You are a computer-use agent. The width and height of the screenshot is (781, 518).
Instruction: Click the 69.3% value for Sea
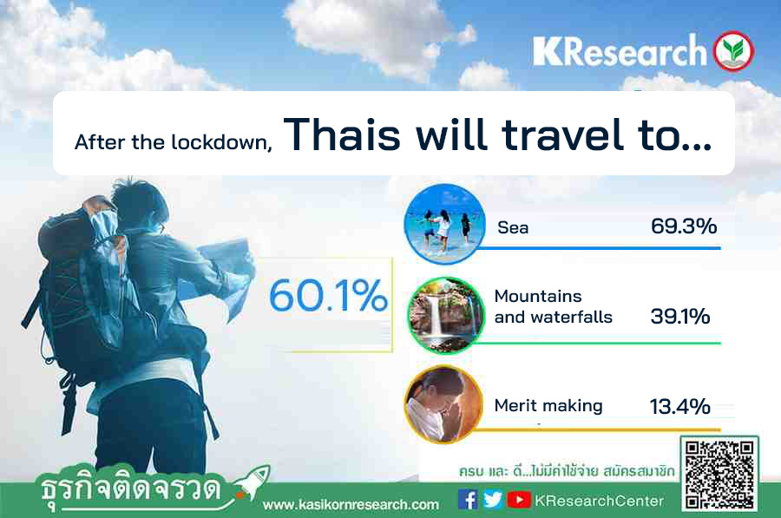pyautogui.click(x=684, y=226)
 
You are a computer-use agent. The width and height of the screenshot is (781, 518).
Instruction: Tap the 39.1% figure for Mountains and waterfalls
pyautogui.click(x=680, y=317)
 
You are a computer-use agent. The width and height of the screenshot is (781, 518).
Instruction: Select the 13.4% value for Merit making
pyautogui.click(x=679, y=406)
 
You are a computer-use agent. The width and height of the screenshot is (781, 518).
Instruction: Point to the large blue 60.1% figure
pyautogui.click(x=328, y=295)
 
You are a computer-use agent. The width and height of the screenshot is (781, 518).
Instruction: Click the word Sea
pyautogui.click(x=513, y=227)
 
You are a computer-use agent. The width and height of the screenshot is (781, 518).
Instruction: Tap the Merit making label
pyautogui.click(x=548, y=405)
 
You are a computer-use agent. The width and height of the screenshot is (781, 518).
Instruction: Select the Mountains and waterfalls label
pyautogui.click(x=554, y=306)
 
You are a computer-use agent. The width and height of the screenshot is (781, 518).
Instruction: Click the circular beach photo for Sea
pyautogui.click(x=445, y=224)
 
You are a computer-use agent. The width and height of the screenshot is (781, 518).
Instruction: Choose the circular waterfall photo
pyautogui.click(x=445, y=315)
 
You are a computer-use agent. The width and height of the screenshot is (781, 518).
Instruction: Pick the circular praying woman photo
pyautogui.click(x=443, y=404)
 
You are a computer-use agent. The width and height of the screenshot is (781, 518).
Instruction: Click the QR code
pyautogui.click(x=719, y=474)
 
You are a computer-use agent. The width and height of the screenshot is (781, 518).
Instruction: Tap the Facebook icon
pyautogui.click(x=468, y=499)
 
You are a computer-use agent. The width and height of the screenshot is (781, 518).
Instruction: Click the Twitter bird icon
pyautogui.click(x=493, y=499)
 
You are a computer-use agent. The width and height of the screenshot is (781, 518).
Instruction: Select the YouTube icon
pyautogui.click(x=519, y=500)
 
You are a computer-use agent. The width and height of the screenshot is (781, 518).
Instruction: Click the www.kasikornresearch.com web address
pyautogui.click(x=351, y=505)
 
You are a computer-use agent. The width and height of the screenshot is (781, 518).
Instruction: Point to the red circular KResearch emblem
pyautogui.click(x=733, y=51)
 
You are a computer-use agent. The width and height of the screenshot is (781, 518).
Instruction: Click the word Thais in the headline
pyautogui.click(x=342, y=134)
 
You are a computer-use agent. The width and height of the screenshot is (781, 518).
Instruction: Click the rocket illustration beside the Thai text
pyautogui.click(x=253, y=482)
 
